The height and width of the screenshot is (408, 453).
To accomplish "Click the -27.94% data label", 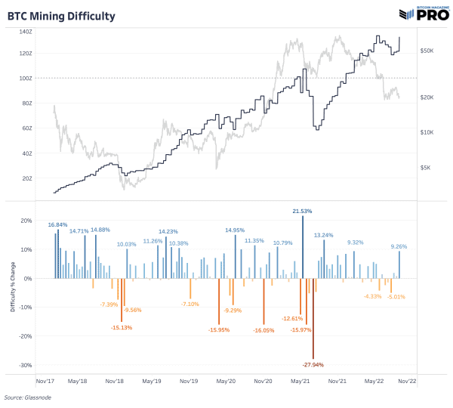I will (x=313, y=364).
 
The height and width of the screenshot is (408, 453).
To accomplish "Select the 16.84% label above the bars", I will (x=58, y=224).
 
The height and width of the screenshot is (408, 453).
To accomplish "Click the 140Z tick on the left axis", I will (x=47, y=32).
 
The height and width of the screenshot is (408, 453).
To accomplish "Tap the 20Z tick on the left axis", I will (x=48, y=178).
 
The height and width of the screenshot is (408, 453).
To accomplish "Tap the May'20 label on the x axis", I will (x=226, y=382).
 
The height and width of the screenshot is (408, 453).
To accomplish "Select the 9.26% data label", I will (x=399, y=246).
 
